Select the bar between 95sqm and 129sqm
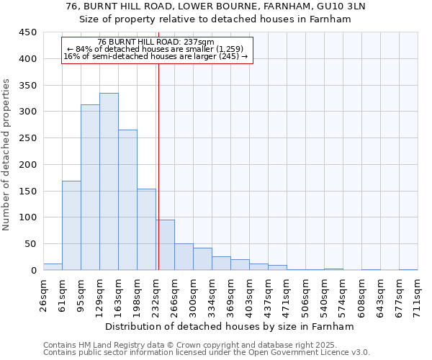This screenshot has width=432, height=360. [90, 187]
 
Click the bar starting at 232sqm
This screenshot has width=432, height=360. [165, 245]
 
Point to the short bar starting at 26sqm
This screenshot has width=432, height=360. [53, 266]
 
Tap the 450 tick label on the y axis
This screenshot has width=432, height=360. [27, 32]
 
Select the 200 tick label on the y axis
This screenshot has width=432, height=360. [27, 164]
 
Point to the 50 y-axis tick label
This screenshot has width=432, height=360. [30, 243]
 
